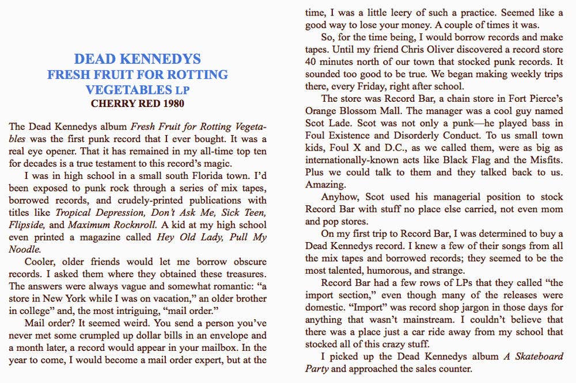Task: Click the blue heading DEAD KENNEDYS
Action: tap(138, 59)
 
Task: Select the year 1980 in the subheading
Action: tap(171, 104)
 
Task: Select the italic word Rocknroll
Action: tap(116, 225)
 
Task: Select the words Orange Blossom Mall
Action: tap(350, 111)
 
